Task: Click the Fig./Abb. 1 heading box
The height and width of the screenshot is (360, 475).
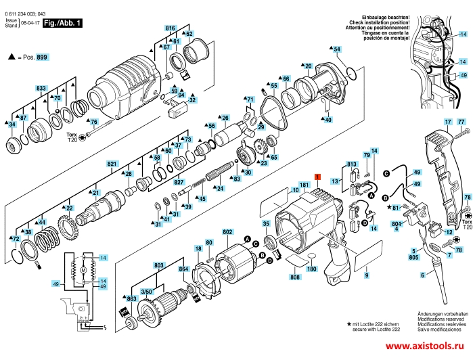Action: tap(62, 23)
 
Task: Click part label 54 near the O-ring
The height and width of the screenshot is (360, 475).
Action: tap(338, 49)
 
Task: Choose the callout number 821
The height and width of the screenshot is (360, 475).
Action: tap(112, 164)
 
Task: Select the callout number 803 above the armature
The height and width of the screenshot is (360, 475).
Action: tap(159, 266)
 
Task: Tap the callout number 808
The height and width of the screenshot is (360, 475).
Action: tap(294, 277)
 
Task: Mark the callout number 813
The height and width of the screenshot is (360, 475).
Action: tap(352, 164)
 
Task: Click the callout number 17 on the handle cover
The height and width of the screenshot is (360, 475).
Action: tap(447, 122)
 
